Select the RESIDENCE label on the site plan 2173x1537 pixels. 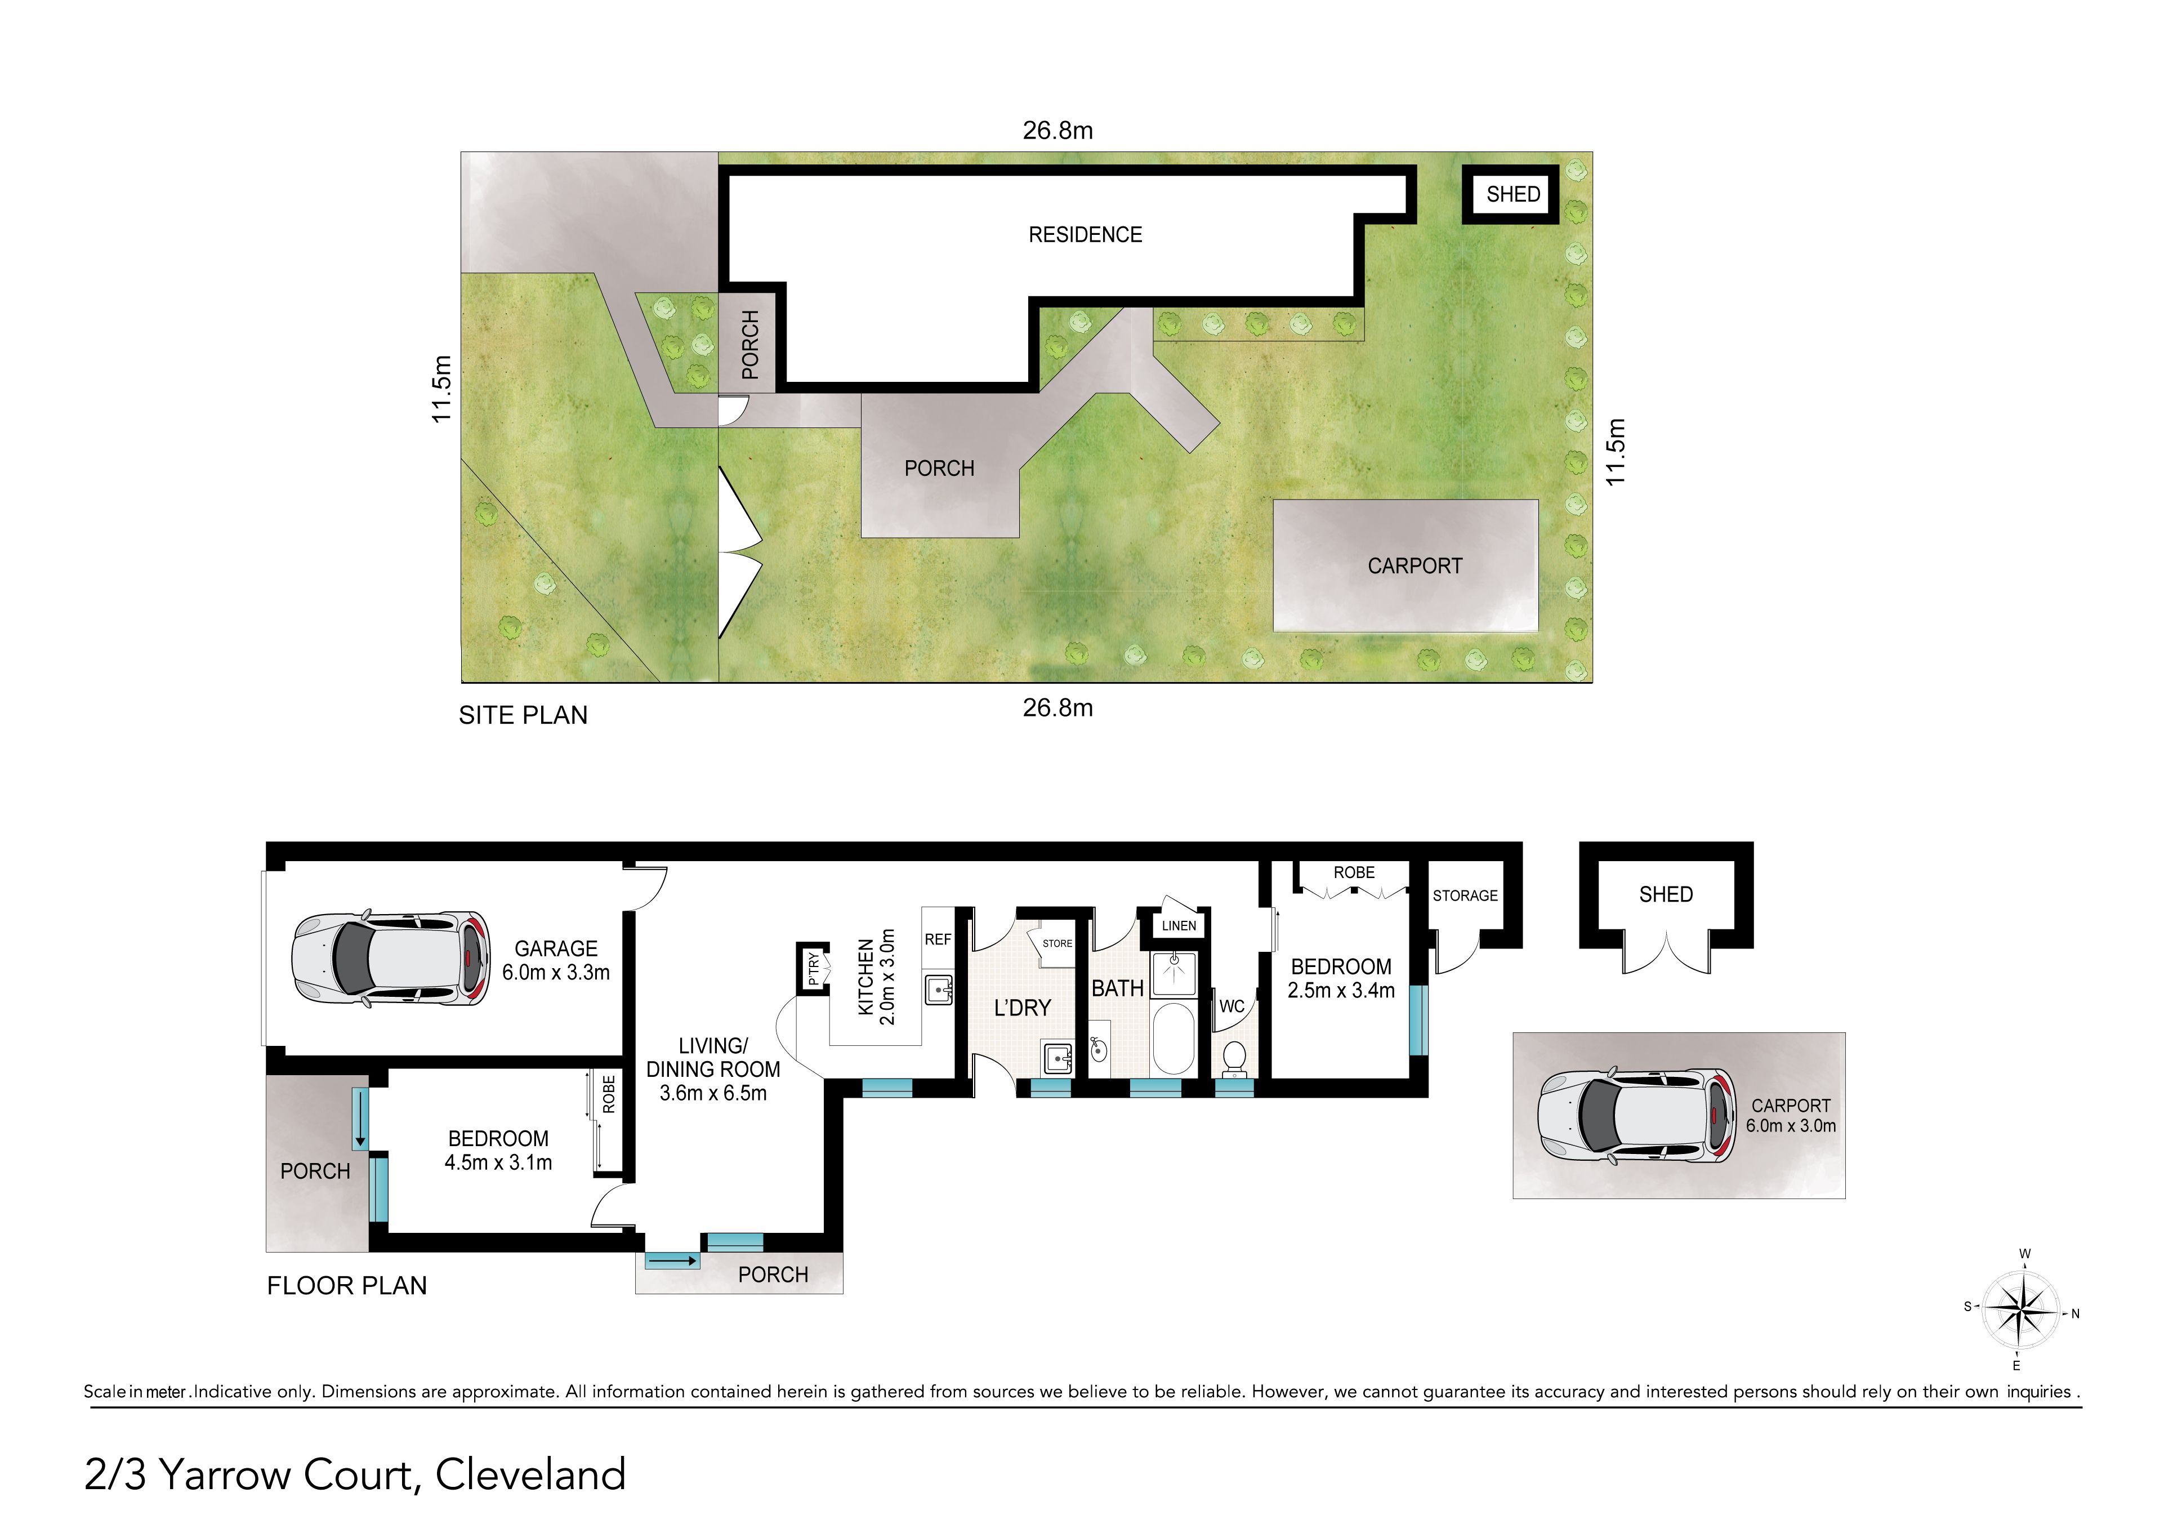(x=1086, y=235)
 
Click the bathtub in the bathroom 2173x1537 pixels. (x=1173, y=1038)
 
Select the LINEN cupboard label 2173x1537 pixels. (x=1179, y=925)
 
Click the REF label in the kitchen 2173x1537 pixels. (x=938, y=940)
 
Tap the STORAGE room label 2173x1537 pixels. (x=1465, y=896)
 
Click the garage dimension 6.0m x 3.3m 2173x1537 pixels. (x=556, y=973)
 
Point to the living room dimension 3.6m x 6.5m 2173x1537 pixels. (x=713, y=1093)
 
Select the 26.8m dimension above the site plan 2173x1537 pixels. (x=1058, y=131)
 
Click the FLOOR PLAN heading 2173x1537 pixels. (x=347, y=1285)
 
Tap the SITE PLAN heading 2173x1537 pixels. (x=523, y=715)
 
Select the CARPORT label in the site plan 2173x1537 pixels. (x=1415, y=566)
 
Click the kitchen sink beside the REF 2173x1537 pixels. (x=938, y=990)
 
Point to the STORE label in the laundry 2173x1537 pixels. (x=1057, y=943)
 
